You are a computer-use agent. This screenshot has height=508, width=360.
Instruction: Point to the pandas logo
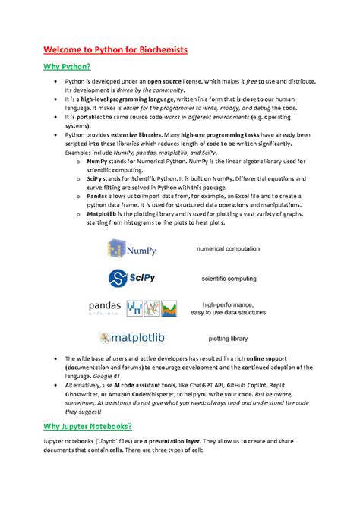pos(134,308)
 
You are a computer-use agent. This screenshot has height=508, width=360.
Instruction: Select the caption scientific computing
pos(229,279)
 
